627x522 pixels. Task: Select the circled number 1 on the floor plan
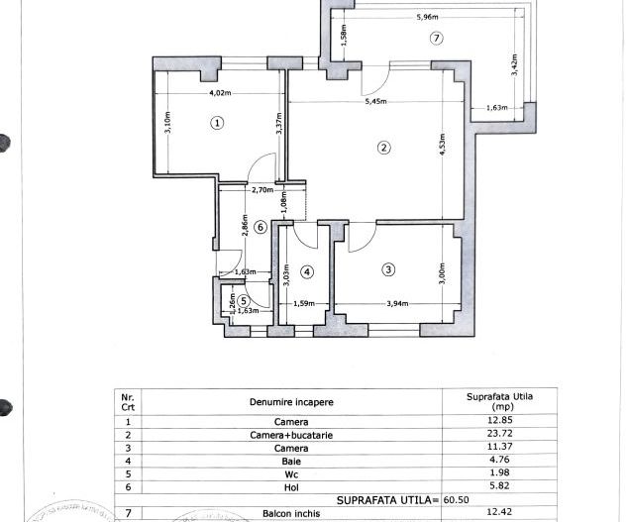click(217, 123)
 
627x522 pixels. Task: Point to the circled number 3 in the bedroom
click(389, 268)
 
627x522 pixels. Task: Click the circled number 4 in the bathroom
click(307, 271)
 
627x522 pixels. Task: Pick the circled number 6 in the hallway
click(261, 227)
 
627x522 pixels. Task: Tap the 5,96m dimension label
click(427, 18)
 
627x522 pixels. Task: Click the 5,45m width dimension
click(376, 101)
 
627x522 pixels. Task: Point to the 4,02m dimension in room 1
click(220, 94)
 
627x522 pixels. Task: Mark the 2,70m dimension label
click(262, 190)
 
